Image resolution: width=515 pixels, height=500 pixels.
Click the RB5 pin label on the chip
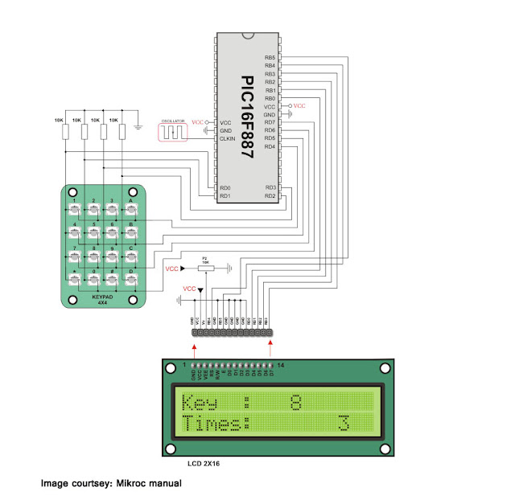(x=270, y=58)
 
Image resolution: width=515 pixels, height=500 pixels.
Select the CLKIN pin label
(x=227, y=138)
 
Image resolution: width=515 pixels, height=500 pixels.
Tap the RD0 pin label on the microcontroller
(x=225, y=186)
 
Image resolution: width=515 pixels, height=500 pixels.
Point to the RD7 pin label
(x=270, y=122)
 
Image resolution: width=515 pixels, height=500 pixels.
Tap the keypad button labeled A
(x=131, y=211)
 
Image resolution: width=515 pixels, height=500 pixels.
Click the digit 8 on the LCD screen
(x=296, y=401)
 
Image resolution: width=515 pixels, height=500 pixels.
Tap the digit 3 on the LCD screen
(x=344, y=422)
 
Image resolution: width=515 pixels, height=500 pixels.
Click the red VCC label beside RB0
(x=299, y=106)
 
